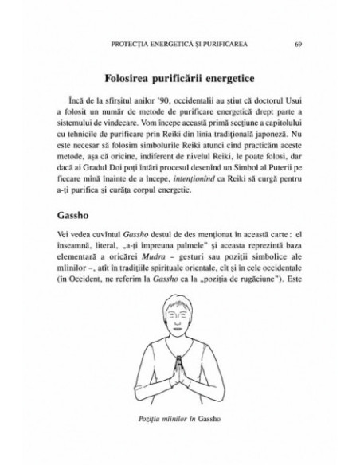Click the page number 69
[296, 42]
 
